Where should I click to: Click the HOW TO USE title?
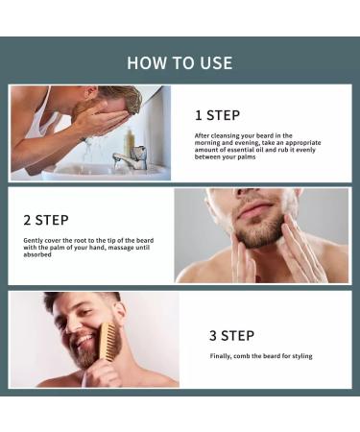point(180,62)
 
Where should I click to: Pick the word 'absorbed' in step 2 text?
point(39,255)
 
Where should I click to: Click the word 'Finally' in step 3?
point(223,356)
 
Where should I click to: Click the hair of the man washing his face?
point(123,97)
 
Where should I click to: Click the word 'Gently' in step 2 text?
point(35,239)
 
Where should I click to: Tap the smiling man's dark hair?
point(72,300)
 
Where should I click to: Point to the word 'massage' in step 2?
point(124,248)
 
